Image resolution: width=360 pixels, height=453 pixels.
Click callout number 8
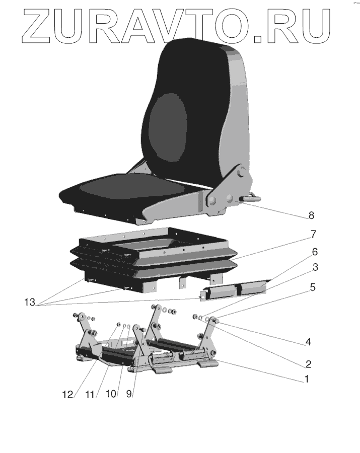[x=311, y=216]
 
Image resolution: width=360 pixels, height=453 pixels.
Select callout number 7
[x=313, y=234]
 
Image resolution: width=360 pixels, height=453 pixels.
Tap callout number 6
[x=314, y=251]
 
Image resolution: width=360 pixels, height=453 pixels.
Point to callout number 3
[x=314, y=268]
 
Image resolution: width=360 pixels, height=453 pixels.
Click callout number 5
[x=313, y=288]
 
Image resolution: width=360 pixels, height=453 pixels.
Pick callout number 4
[x=309, y=342]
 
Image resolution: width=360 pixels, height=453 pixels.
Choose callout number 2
[x=308, y=363]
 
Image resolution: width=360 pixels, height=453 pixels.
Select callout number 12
[x=68, y=394]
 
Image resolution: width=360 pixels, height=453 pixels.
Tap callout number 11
[x=91, y=394]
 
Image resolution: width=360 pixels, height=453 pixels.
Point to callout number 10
[x=110, y=394]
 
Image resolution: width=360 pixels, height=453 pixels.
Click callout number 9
[x=129, y=394]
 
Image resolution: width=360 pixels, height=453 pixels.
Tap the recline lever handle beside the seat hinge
[x=251, y=198]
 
